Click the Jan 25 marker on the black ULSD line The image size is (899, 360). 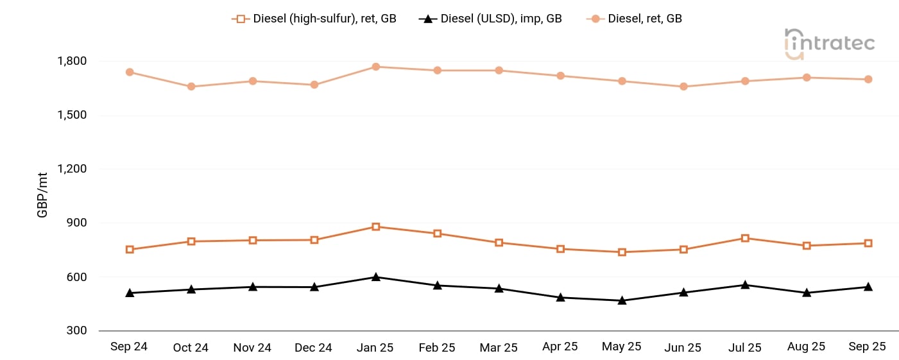click(376, 277)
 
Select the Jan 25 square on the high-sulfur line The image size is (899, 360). click(376, 227)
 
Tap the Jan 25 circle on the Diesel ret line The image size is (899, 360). click(376, 67)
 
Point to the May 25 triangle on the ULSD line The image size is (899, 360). click(622, 300)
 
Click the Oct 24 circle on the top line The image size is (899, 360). click(191, 86)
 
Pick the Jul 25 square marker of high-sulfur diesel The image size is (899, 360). click(745, 238)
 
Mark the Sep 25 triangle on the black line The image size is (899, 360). click(868, 286)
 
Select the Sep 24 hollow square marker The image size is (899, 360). click(130, 249)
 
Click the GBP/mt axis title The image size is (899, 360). click(42, 196)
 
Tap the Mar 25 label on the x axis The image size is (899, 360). click(499, 347)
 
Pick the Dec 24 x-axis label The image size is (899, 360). click(314, 347)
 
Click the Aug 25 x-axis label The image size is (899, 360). click(806, 347)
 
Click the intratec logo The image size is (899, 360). click(829, 44)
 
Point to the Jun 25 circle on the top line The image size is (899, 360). click(683, 86)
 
